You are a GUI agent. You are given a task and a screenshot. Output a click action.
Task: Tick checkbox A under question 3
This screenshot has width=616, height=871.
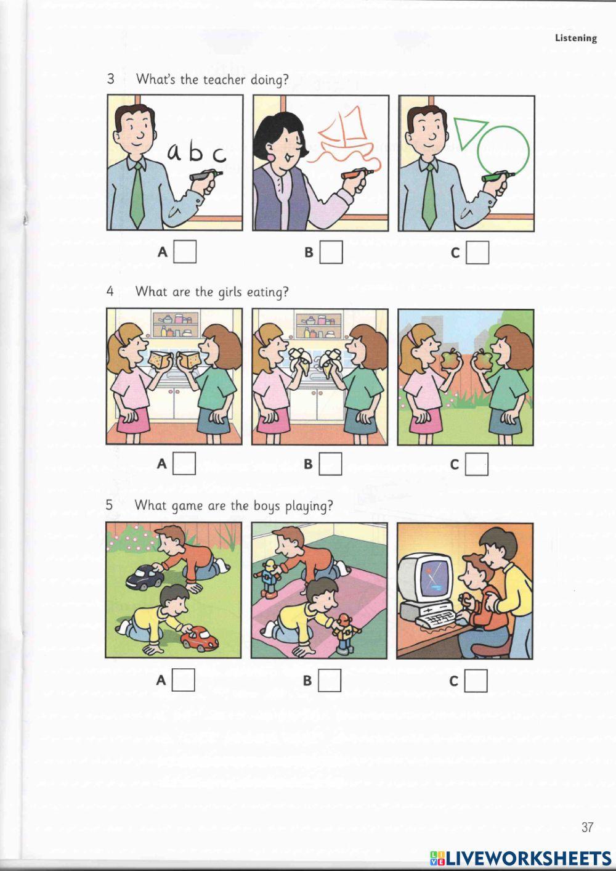185,251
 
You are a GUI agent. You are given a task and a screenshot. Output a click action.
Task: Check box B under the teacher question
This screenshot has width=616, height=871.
331,251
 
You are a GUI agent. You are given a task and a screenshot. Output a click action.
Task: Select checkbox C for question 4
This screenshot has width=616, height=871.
477,464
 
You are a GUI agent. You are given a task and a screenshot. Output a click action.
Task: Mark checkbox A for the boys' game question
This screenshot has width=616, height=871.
184,680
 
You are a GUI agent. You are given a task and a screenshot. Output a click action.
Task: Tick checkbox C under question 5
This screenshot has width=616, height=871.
476,681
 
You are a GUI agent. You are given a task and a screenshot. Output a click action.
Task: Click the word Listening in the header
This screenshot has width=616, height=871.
576,38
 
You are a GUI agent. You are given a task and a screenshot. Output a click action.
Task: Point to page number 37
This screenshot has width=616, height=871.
587,827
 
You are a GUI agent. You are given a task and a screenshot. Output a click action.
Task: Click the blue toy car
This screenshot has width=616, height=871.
145,576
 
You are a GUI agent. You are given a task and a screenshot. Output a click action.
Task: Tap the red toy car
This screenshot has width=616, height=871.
200,638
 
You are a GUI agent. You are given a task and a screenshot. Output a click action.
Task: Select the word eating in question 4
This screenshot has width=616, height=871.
267,292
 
